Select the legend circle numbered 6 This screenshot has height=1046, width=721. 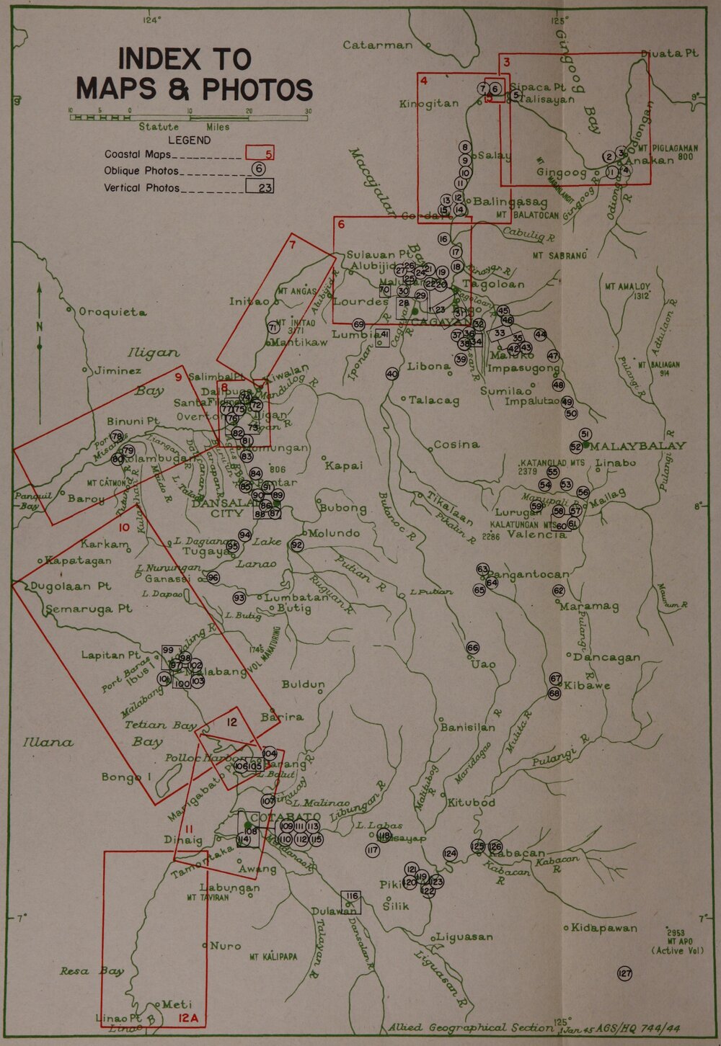tap(259, 169)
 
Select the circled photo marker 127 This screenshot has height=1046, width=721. tap(624, 974)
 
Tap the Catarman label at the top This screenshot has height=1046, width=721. tap(378, 45)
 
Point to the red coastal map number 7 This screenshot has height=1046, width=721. tap(292, 244)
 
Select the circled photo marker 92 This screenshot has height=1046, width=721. tap(297, 545)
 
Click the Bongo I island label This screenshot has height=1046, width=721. tap(125, 777)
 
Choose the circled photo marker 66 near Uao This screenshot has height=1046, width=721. tap(473, 648)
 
